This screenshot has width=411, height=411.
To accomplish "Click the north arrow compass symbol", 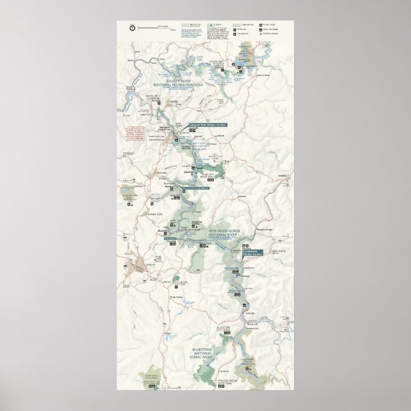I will pyautogui.click(x=131, y=27).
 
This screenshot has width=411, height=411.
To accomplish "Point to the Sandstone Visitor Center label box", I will pyautogui.click(x=253, y=253).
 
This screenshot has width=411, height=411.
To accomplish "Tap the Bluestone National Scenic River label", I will pyautogui.click(x=205, y=354).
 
